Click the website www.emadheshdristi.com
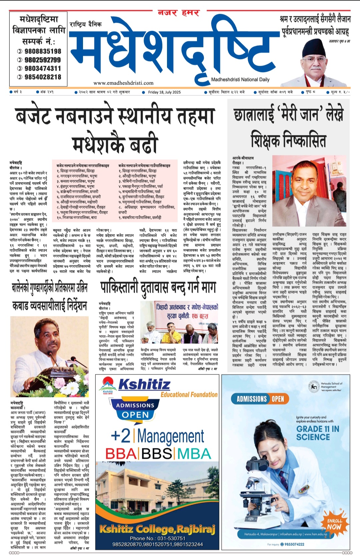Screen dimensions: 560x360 123,83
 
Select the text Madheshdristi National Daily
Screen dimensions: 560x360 240,80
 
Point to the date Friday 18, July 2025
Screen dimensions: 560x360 164,92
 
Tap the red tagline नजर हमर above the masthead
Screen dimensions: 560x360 178,13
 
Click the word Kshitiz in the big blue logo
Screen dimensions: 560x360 144,385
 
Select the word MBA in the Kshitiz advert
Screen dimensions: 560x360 194,454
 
